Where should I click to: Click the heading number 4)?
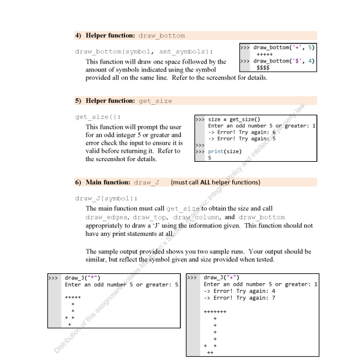(x=79, y=36)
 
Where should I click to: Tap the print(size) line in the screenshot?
(x=223, y=151)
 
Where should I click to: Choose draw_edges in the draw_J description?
(x=109, y=218)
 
